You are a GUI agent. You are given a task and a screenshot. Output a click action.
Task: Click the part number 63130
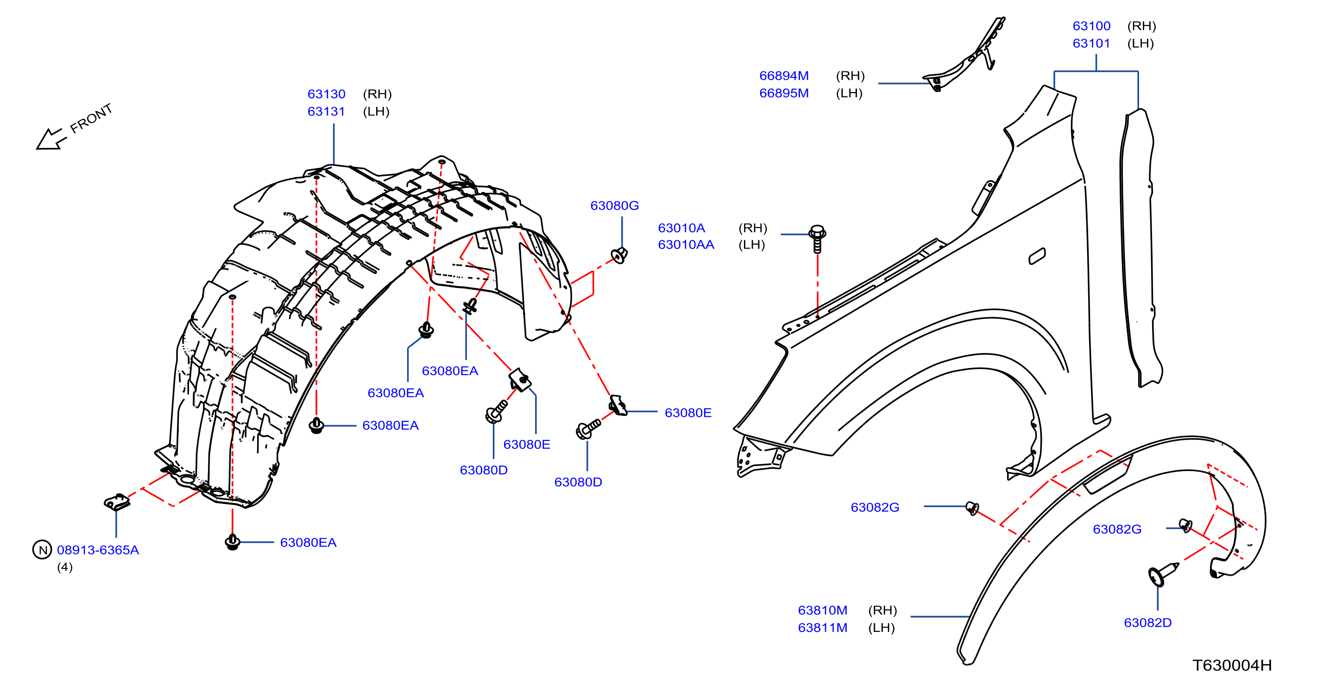tap(326, 94)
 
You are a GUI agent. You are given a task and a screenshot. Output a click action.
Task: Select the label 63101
tap(1091, 43)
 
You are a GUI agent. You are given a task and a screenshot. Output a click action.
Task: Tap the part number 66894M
tap(784, 76)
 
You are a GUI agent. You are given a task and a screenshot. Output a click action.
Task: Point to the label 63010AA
tap(686, 245)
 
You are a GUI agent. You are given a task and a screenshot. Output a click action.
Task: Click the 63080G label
tap(614, 205)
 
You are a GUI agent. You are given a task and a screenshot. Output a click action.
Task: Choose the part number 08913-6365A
tap(98, 550)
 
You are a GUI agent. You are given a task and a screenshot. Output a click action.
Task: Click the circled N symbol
tap(42, 550)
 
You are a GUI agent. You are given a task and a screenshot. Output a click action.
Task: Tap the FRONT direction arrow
tap(50, 139)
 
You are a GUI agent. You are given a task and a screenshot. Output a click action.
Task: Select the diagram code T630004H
tap(1232, 665)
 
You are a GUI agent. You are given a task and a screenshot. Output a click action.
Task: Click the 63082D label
tap(1147, 623)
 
